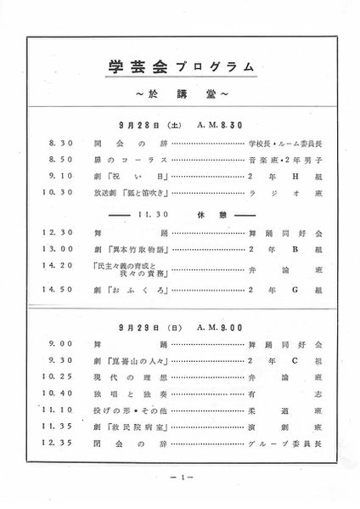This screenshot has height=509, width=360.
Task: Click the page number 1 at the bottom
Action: point(180,478)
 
